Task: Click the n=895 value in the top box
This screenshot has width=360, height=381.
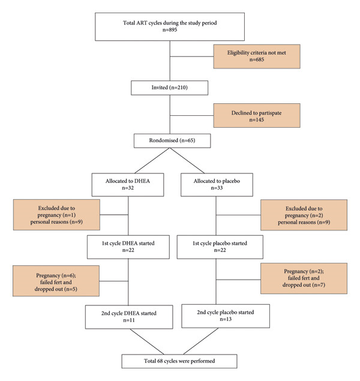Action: [170, 30]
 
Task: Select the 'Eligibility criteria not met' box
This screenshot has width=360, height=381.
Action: [257, 56]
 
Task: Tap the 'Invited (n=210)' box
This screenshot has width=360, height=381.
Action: [170, 88]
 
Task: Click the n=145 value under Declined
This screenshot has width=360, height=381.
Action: [257, 120]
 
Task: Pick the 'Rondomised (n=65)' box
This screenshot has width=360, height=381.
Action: [172, 140]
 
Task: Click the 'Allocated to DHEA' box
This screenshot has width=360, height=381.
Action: [128, 185]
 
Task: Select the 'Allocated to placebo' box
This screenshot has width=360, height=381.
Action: [217, 185]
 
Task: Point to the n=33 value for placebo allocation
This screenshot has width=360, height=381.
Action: [217, 188]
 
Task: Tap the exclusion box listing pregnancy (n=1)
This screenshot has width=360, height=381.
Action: [56, 215]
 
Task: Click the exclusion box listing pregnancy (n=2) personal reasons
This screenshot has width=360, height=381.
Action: [304, 215]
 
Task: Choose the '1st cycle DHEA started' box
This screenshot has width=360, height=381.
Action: [128, 247]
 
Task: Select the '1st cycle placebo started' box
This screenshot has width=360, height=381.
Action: [220, 247]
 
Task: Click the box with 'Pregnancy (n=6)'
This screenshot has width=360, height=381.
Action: [56, 281]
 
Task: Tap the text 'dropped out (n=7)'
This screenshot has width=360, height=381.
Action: [304, 285]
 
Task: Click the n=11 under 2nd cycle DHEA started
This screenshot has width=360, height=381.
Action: [129, 320]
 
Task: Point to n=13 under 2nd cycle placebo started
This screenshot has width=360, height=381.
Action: [226, 319]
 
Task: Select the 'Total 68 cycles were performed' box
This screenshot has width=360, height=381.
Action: [179, 361]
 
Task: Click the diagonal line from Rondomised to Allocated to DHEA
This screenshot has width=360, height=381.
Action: [152, 160]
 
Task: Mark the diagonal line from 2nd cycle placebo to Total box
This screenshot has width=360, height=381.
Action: [201, 341]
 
